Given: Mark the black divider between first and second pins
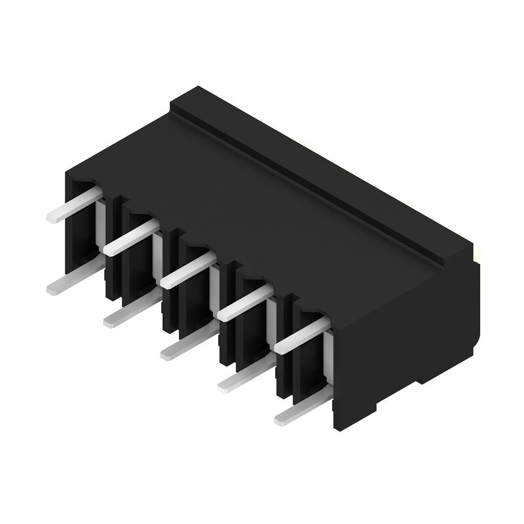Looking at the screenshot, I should pos(111,262).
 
